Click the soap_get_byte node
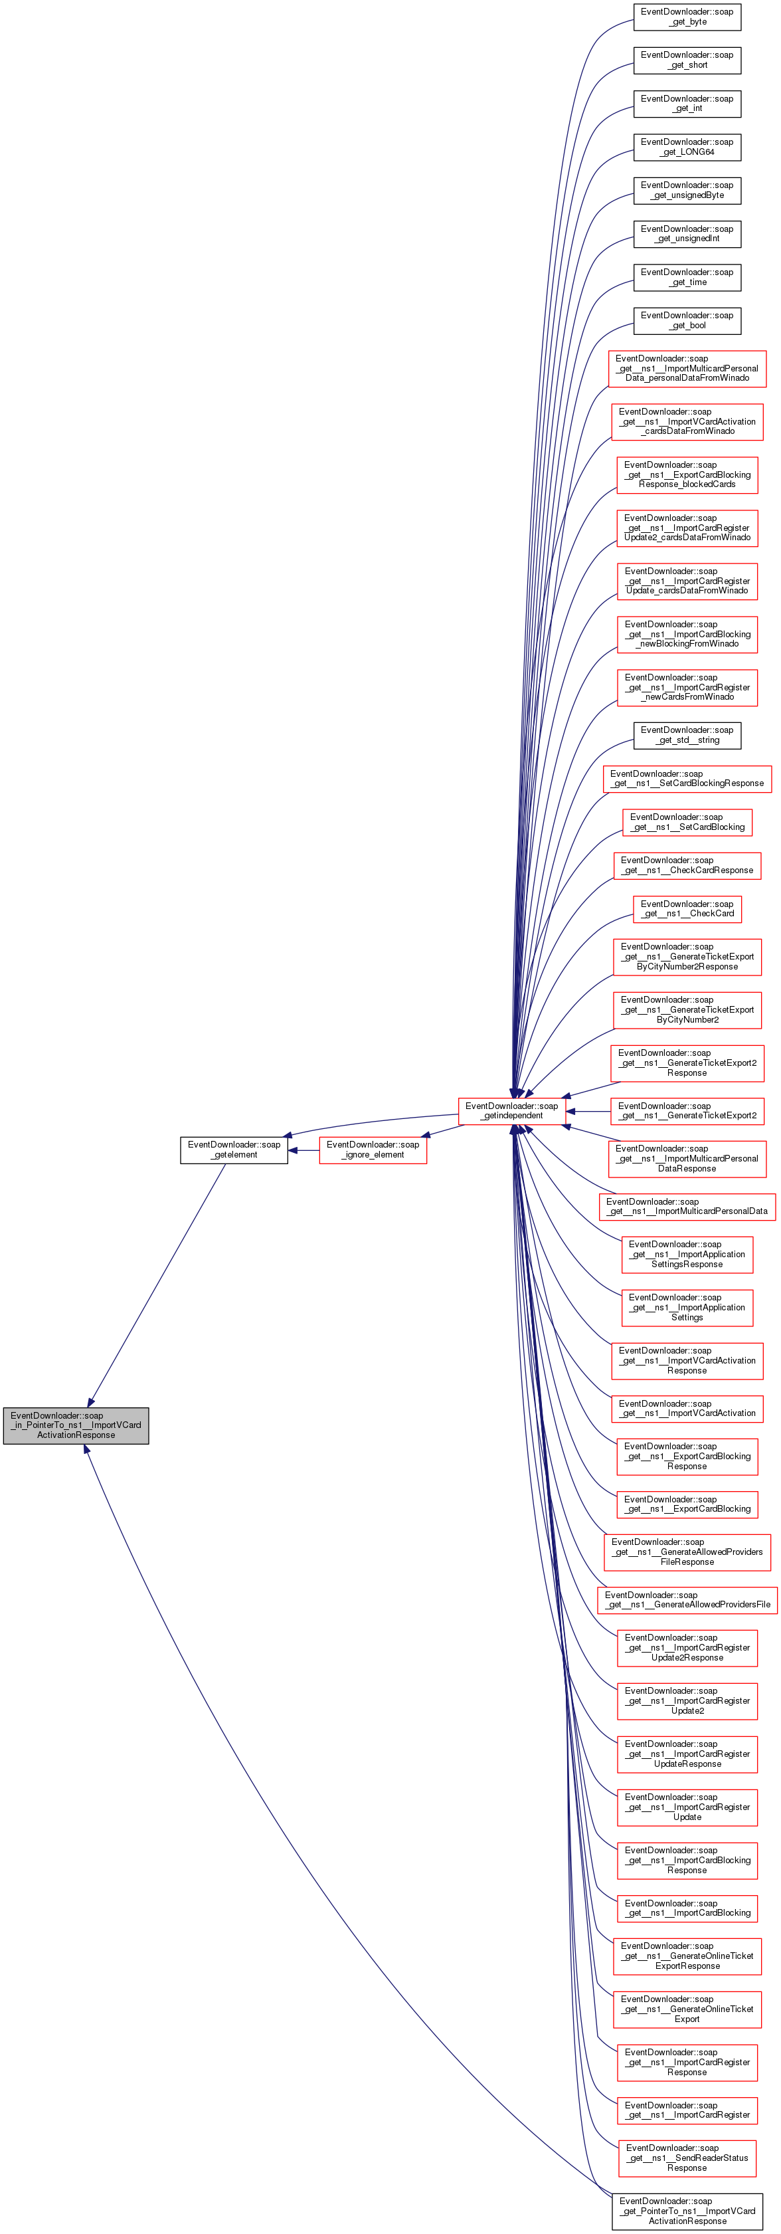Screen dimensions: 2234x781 point(687,17)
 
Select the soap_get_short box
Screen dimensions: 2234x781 point(687,60)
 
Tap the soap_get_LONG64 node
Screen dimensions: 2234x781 point(687,147)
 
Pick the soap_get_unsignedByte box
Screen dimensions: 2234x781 point(687,190)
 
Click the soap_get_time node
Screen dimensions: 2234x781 point(687,276)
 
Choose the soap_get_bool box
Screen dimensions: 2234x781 point(687,320)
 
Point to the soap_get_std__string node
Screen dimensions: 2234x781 point(687,734)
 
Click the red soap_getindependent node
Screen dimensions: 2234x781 point(511,1110)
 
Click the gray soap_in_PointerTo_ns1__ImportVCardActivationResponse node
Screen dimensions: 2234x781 point(76,1425)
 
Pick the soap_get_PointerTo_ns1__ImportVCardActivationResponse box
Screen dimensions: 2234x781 point(687,2211)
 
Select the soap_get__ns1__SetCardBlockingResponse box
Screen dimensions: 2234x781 point(687,778)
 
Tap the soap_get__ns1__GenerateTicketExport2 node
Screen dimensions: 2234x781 point(687,1110)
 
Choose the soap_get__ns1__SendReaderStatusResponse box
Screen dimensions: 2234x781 point(687,2158)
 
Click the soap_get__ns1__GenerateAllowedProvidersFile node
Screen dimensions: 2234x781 point(687,1599)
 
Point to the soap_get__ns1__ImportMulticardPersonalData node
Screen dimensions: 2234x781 point(687,1206)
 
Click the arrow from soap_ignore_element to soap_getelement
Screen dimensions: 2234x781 point(304,1150)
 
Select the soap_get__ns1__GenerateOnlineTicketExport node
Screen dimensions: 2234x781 point(687,2009)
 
